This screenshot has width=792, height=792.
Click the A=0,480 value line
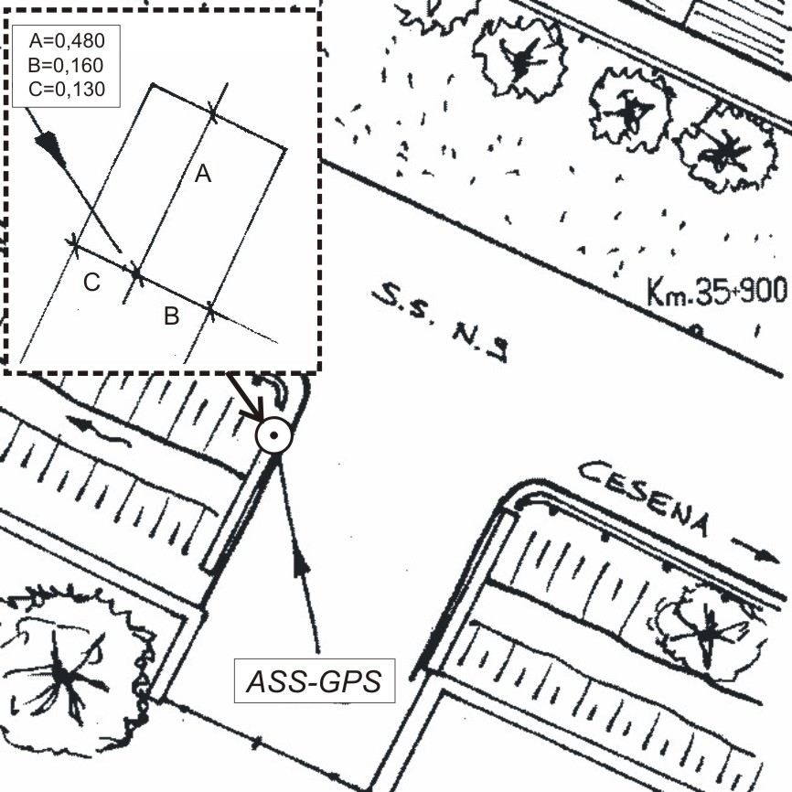tap(66, 41)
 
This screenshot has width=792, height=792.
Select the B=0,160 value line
tap(66, 65)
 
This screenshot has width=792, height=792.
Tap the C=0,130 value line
tap(66, 89)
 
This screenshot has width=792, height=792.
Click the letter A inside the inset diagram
tap(202, 174)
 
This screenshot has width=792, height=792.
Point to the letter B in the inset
tap(172, 316)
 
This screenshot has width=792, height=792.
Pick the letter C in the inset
tap(91, 283)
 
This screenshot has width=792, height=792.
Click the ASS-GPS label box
tap(315, 680)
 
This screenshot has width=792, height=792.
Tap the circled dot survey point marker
tap(273, 435)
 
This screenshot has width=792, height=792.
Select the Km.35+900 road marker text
tap(717, 291)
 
